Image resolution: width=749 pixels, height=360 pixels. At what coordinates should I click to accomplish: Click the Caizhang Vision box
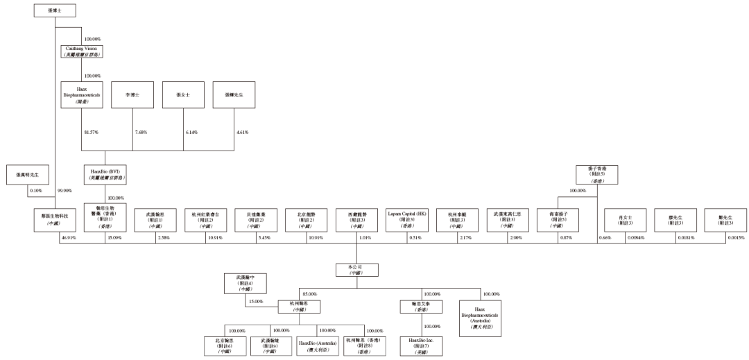[83, 51]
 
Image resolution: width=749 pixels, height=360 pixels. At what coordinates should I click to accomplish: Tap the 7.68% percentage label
[142, 132]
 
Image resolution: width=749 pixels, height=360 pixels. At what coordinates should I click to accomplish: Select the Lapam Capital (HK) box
[406, 218]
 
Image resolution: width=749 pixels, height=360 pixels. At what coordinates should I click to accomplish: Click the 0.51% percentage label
[415, 238]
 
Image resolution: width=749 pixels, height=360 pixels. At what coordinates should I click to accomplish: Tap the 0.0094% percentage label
[636, 238]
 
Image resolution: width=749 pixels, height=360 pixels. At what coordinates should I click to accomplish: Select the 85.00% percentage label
[309, 295]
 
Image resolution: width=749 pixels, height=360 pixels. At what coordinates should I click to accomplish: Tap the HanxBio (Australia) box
[316, 345]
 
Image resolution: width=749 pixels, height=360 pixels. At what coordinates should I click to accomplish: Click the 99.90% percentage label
[66, 189]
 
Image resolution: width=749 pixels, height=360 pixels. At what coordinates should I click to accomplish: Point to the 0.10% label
[37, 189]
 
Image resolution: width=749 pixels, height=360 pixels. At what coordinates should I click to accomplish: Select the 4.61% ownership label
[243, 132]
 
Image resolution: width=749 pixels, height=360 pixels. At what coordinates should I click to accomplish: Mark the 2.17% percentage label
[465, 238]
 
